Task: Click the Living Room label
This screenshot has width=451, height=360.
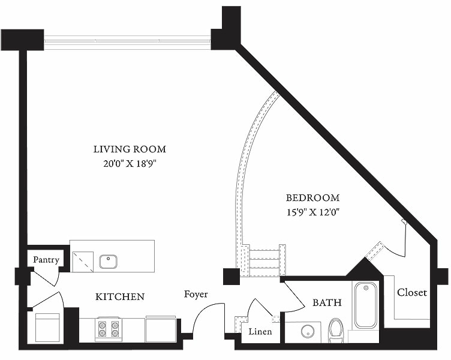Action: (x=129, y=149)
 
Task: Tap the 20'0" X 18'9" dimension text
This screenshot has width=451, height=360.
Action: (x=129, y=163)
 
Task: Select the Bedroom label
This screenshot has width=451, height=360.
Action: (x=312, y=197)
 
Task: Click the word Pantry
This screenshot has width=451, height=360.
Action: (x=46, y=260)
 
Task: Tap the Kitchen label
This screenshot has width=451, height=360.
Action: (x=120, y=296)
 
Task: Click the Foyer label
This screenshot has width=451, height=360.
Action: (x=196, y=294)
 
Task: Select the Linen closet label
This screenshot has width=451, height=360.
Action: (x=260, y=331)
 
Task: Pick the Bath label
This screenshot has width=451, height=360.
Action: (x=327, y=302)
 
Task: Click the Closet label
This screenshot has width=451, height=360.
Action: (x=412, y=292)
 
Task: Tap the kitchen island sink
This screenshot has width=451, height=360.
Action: (x=108, y=262)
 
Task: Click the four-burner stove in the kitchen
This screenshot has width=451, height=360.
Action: (x=109, y=329)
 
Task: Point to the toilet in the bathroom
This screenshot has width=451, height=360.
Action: (x=336, y=331)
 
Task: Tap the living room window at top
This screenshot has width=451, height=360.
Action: (x=127, y=41)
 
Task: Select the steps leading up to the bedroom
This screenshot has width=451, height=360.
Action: (x=264, y=259)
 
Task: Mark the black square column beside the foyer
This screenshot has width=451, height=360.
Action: (x=231, y=276)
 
